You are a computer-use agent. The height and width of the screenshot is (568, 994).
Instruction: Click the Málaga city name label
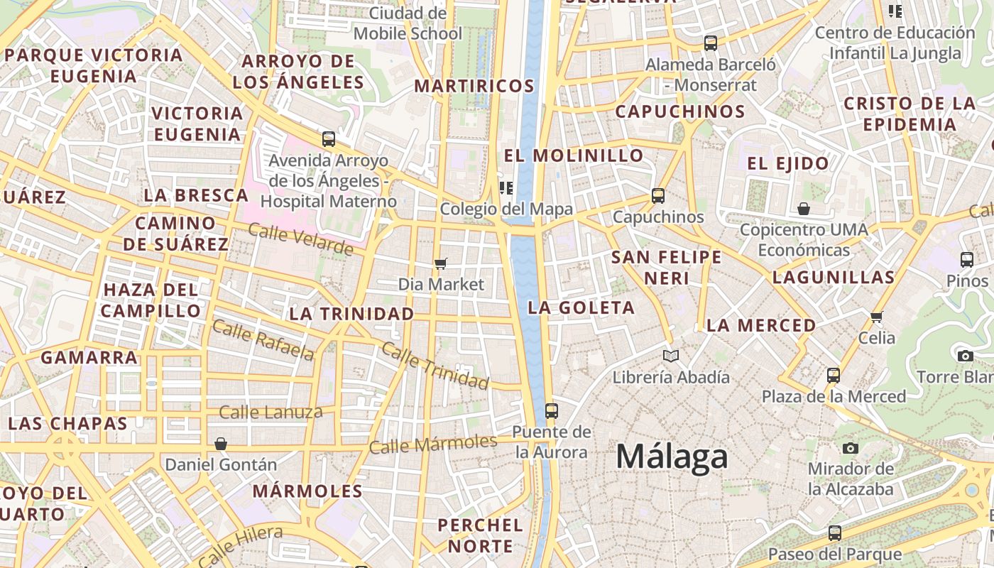coord(672,457)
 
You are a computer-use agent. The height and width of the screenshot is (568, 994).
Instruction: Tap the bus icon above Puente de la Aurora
coord(551,410)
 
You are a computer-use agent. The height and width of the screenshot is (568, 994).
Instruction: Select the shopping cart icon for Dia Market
coord(441,264)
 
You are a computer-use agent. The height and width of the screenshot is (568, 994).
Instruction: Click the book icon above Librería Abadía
coord(671,356)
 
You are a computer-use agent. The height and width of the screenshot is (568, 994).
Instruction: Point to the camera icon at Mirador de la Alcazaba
coord(850,448)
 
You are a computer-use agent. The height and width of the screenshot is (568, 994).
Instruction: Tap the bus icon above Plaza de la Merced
coord(834,375)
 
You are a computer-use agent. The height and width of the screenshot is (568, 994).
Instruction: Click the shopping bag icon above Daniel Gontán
coord(221,444)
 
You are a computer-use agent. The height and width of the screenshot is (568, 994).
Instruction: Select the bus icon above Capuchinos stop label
coord(658,195)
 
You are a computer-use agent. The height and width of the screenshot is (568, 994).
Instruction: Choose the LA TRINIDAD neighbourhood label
coord(351,313)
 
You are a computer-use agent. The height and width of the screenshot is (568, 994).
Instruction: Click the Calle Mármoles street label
coord(433,444)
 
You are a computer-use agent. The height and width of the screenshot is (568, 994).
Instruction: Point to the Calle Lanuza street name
coord(271,412)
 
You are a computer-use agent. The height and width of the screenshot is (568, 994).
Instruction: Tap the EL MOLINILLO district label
coord(574,155)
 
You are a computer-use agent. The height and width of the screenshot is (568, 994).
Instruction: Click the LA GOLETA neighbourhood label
coord(581,307)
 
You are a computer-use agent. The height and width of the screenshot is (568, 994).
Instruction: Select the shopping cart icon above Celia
coord(877,317)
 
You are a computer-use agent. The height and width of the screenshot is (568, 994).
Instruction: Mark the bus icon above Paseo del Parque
coord(835,532)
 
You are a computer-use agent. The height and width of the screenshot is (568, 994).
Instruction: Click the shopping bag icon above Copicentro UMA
coord(804,209)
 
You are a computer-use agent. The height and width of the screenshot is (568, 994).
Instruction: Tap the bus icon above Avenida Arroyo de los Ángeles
coord(328,138)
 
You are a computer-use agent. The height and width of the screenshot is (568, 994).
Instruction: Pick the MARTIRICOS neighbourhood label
coord(474,86)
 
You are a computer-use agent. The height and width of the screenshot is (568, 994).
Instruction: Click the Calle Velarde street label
coord(300,239)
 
